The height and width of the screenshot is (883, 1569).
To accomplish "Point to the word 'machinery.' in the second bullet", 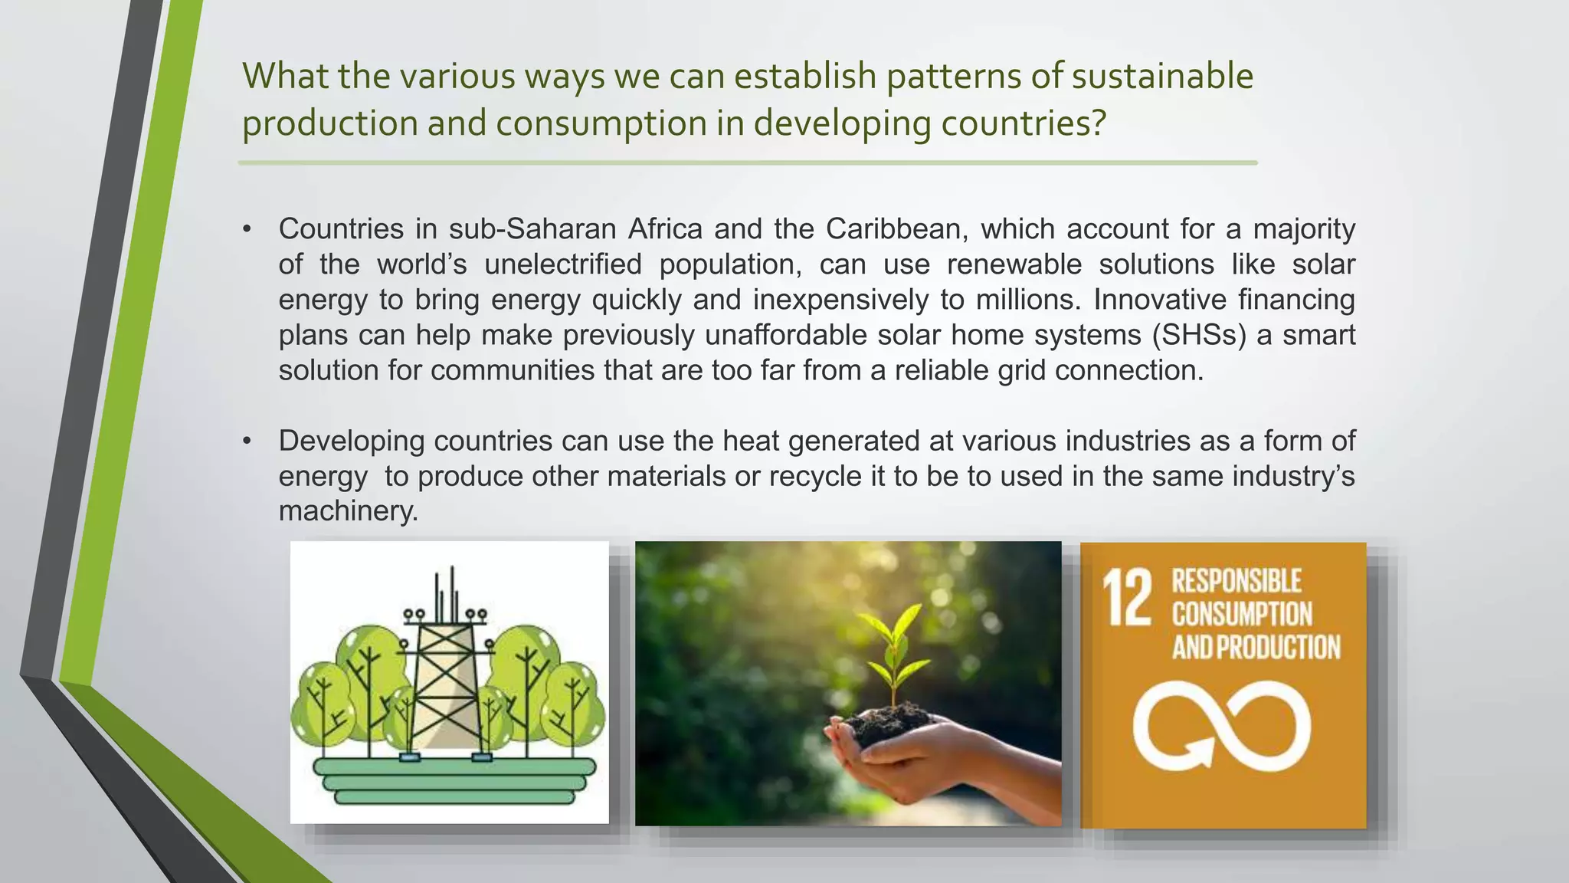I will pyautogui.click(x=349, y=511).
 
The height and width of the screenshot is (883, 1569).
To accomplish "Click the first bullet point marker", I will pyautogui.click(x=247, y=229).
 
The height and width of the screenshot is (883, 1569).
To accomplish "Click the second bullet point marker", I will pyautogui.click(x=247, y=441).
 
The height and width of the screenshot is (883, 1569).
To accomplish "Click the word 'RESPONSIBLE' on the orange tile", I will pyautogui.click(x=1236, y=581).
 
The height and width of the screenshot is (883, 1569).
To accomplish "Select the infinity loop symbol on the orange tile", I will pyautogui.click(x=1222, y=725).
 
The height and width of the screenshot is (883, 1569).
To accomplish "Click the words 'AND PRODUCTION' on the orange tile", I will pyautogui.click(x=1256, y=648).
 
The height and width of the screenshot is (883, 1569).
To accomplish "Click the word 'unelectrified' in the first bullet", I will pyautogui.click(x=563, y=264).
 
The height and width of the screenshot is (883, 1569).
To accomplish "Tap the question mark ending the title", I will pyautogui.click(x=1099, y=123).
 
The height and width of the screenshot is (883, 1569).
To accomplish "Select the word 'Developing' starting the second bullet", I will pyautogui.click(x=352, y=441).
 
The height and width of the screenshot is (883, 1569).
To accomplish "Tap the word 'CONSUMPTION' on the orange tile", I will pyautogui.click(x=1242, y=615).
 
